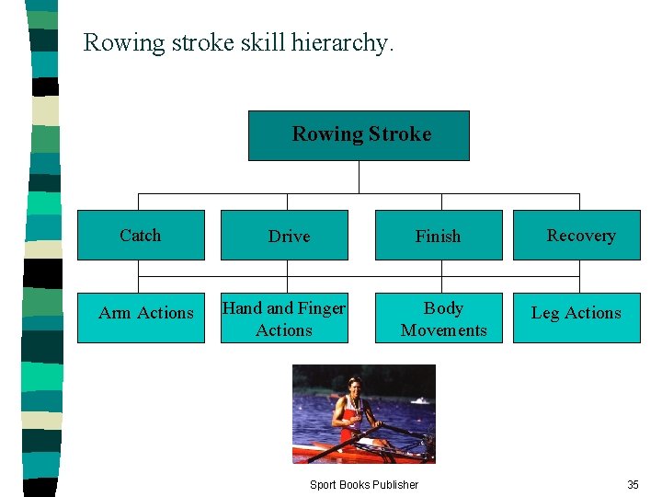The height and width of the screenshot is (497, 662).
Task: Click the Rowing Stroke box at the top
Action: (359, 135)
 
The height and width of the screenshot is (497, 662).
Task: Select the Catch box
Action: (141, 236)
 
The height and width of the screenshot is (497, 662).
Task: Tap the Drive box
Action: (285, 236)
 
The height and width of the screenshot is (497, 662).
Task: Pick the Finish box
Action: (439, 236)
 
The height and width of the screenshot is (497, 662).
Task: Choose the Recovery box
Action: (576, 236)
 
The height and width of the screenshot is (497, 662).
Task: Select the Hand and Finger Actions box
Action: (285, 318)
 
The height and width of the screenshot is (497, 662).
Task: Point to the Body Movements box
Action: (439, 318)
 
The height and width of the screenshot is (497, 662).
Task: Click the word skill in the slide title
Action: (257, 42)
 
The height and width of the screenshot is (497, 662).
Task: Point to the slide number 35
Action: (633, 485)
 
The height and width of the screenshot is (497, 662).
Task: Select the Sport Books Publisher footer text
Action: (363, 485)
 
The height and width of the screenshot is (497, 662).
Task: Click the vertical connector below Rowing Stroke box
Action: (360, 177)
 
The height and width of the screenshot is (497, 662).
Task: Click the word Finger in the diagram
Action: (322, 308)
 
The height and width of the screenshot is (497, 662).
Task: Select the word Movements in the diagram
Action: (444, 330)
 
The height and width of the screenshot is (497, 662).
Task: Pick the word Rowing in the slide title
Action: (124, 43)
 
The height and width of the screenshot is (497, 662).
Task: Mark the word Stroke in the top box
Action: (399, 134)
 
